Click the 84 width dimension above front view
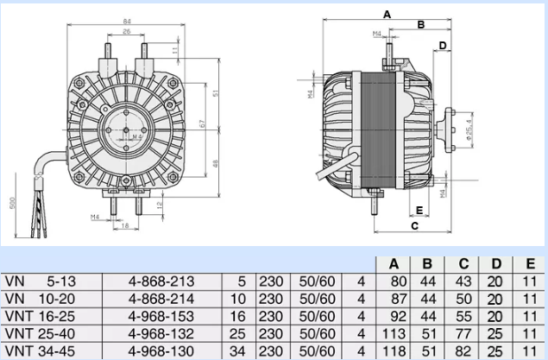pos(126,21)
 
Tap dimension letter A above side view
pos(387,15)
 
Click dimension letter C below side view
pos(414,226)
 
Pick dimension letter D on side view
pos(442,45)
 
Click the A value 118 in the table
pos(397,351)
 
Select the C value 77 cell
pos(463,334)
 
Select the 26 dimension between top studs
pos(127,32)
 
